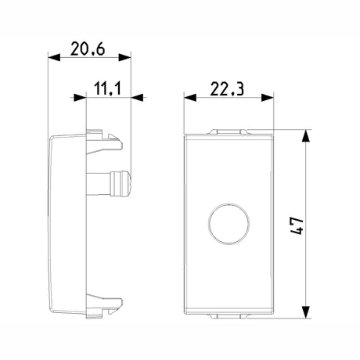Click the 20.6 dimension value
pyautogui.click(x=88, y=49)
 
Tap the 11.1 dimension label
pyautogui.click(x=107, y=88)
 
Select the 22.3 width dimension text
pyautogui.click(x=227, y=88)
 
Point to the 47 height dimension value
pyautogui.click(x=297, y=225)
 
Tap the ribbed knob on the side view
pyautogui.click(x=121, y=183)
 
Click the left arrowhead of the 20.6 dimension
pyautogui.click(x=54, y=58)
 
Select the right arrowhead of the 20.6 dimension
pyautogui.click(x=124, y=58)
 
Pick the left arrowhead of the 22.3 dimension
pyautogui.click(x=190, y=98)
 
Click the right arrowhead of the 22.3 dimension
pyautogui.click(x=268, y=98)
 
